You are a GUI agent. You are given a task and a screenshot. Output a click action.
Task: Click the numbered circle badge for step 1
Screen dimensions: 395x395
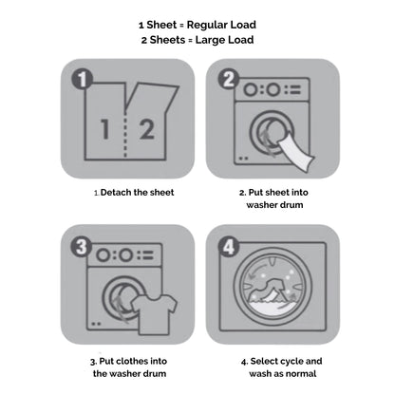[82, 79]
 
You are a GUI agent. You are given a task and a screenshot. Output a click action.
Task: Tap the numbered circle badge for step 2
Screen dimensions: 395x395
[229, 79]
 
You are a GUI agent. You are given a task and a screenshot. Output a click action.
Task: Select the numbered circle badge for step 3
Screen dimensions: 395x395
[82, 246]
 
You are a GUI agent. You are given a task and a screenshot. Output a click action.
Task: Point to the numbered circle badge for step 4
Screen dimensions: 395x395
[229, 246]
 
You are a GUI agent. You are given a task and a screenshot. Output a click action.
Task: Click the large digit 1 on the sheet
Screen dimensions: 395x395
[105, 129]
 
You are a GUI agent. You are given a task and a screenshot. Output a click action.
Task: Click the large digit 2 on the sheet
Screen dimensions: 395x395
[147, 129]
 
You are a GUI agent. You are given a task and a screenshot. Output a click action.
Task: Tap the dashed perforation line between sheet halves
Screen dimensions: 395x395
[125, 135]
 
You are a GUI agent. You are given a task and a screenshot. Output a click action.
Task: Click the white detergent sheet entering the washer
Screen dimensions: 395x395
[296, 154]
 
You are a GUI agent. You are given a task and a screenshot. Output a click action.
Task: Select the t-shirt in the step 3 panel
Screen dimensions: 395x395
[155, 314]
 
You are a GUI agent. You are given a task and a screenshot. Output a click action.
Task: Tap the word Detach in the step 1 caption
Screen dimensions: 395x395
[116, 192]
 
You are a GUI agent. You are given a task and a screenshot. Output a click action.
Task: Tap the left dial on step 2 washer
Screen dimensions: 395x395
[251, 90]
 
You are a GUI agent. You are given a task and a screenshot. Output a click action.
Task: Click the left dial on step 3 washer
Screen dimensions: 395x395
[103, 255]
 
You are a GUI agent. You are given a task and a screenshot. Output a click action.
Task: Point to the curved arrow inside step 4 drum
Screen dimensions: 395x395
[258, 271]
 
